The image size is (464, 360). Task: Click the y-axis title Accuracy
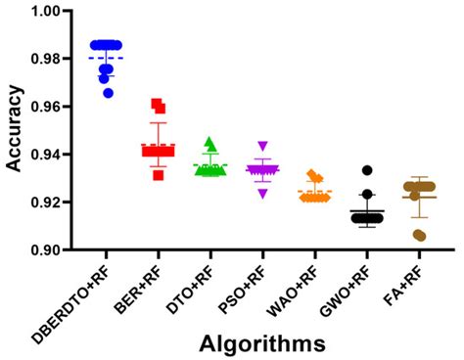tap(15, 129)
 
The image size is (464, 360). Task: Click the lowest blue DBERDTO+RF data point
tap(108, 93)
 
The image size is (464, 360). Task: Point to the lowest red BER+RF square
tap(158, 175)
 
